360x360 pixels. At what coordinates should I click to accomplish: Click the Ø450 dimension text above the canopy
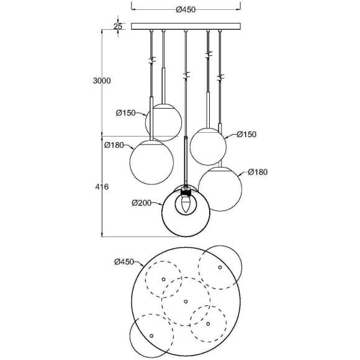click(186, 10)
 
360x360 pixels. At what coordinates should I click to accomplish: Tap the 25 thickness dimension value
click(118, 27)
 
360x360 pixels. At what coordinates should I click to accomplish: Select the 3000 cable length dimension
click(102, 81)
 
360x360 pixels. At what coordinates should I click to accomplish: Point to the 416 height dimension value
click(102, 187)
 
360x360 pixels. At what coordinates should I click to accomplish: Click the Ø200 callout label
click(142, 203)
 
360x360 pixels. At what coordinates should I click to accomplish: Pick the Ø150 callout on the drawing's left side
click(126, 113)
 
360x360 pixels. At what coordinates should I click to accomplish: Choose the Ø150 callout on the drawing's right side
click(246, 134)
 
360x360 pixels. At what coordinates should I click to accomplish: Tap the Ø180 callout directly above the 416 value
click(114, 145)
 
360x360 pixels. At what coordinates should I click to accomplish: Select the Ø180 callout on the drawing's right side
click(258, 172)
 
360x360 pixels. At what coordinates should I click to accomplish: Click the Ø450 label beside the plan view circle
click(124, 262)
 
